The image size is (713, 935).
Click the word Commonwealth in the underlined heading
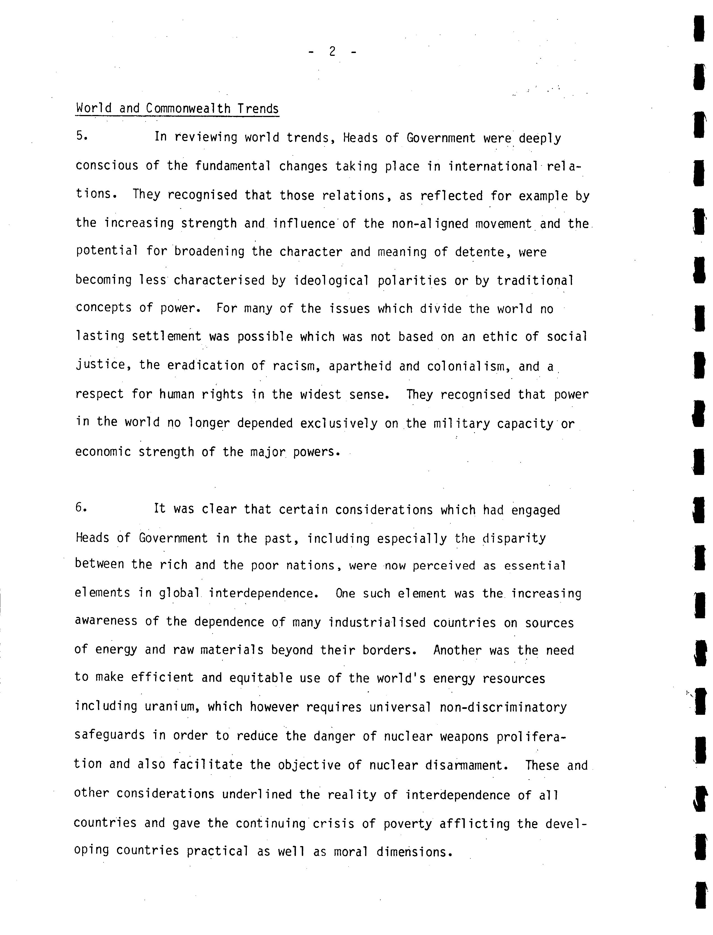(x=188, y=109)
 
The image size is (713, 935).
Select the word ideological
(x=331, y=281)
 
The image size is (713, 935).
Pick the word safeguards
(x=109, y=736)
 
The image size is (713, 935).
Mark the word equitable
(x=261, y=678)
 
